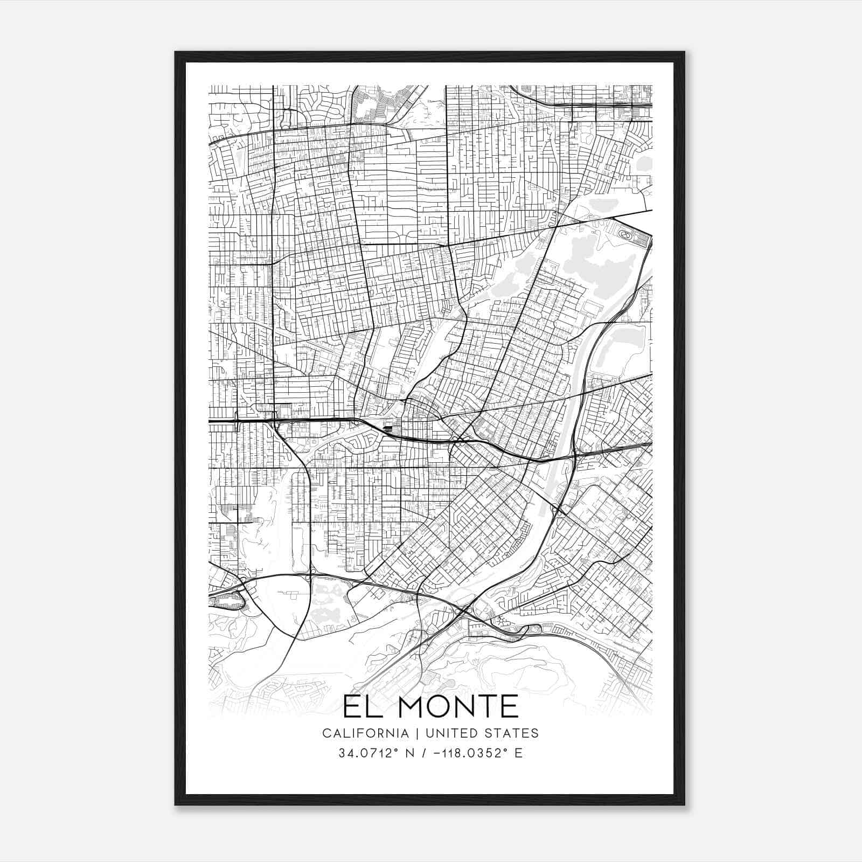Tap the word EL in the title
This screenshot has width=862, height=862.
[x=362, y=707]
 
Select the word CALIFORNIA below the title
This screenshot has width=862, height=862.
[x=365, y=733]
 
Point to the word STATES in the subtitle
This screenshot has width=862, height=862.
[x=512, y=733]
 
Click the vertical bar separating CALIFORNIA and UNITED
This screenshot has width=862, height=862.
[x=413, y=733]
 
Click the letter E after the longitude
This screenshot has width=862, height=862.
[x=519, y=753]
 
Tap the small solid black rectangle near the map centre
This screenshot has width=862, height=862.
[x=388, y=429]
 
